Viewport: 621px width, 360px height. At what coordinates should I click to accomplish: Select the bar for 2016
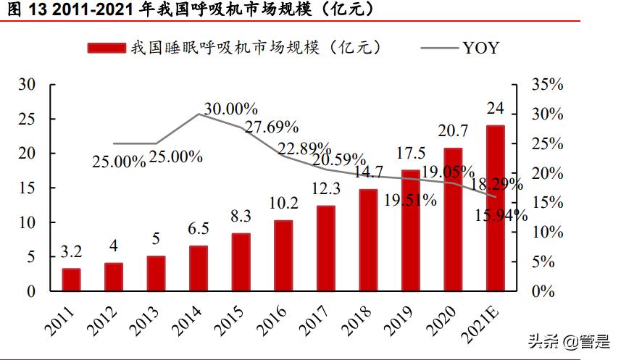(283, 256)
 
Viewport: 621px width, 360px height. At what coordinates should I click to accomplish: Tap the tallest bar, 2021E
(496, 209)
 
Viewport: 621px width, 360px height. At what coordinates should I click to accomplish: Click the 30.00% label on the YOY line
(230, 109)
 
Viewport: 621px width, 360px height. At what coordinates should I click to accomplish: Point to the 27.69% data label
(272, 127)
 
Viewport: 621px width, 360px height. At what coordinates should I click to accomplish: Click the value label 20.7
(453, 131)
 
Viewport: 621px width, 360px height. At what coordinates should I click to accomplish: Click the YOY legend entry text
(481, 49)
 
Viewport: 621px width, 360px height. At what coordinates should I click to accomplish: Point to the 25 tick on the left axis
(27, 119)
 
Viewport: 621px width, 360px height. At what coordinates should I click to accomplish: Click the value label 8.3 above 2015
(241, 217)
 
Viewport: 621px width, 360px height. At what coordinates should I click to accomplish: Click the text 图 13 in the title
(21, 9)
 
